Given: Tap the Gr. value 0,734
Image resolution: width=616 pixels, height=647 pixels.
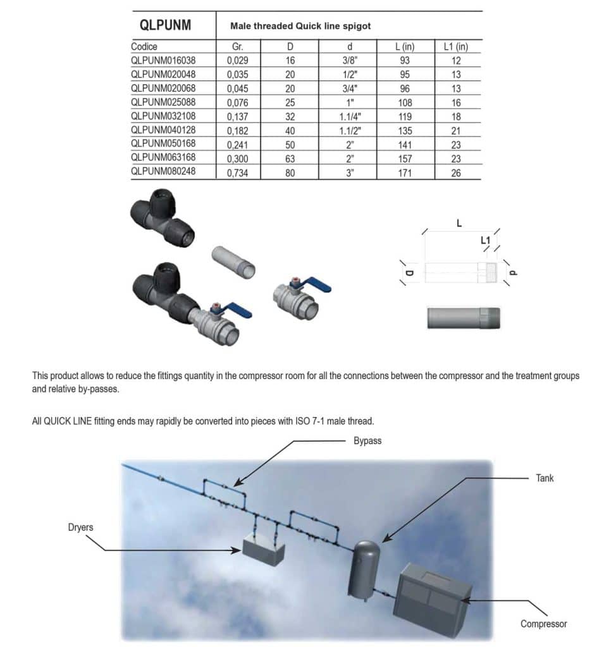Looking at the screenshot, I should (x=238, y=172).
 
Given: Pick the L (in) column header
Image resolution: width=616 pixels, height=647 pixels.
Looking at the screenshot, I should (x=405, y=47).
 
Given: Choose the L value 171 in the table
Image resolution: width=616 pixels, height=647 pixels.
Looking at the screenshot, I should (x=405, y=172).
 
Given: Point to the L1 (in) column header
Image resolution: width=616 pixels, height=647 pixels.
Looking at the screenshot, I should (x=455, y=47).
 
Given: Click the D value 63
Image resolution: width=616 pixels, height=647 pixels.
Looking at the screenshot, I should (x=290, y=158).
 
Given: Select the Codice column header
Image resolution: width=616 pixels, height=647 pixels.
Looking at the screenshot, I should (x=144, y=47).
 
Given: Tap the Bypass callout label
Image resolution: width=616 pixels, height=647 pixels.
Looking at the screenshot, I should (x=367, y=441).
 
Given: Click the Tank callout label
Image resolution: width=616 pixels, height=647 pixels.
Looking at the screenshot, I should (x=545, y=478).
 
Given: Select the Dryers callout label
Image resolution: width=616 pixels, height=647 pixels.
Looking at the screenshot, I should (x=81, y=526).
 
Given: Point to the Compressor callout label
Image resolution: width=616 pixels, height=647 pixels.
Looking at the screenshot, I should (x=543, y=624).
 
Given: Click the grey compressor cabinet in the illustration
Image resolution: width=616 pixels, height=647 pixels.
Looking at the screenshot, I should (x=431, y=594).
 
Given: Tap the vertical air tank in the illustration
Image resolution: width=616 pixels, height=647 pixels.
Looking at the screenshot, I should (x=366, y=569).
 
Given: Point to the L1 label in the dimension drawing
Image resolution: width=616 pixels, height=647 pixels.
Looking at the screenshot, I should (x=485, y=240).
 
